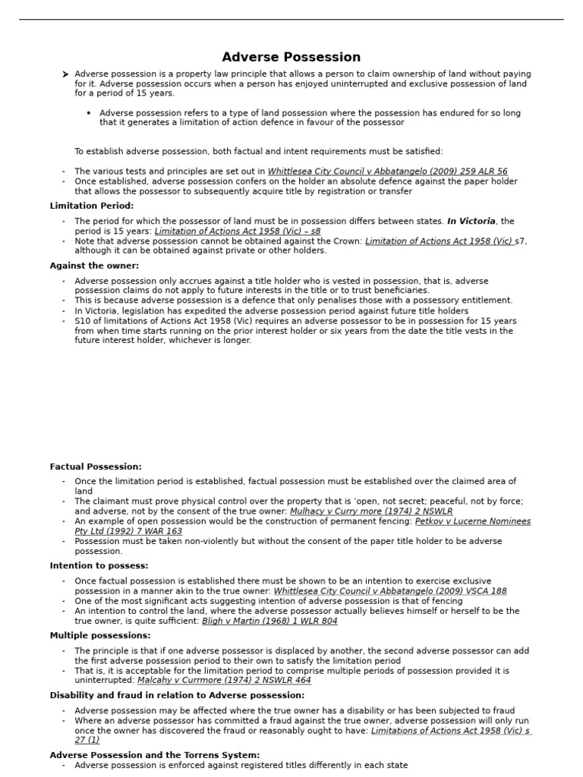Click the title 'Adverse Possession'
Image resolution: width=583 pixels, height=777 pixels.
click(291, 58)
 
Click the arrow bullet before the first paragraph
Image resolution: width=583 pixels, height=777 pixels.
click(66, 74)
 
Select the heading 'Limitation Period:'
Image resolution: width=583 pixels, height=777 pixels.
click(91, 206)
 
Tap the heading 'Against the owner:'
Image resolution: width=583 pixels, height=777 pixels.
click(94, 266)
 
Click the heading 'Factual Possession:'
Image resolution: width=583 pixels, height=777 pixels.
click(96, 467)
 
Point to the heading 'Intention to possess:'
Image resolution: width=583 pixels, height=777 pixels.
click(99, 566)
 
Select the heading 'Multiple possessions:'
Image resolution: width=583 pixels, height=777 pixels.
click(100, 635)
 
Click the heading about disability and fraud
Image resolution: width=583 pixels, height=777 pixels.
click(177, 695)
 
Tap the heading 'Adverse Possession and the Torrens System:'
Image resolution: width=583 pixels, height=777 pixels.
click(154, 755)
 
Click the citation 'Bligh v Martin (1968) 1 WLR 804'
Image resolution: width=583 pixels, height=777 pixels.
click(269, 621)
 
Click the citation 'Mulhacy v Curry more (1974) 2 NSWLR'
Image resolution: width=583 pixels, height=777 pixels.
click(370, 511)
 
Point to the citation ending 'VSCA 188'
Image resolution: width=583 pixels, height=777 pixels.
click(389, 591)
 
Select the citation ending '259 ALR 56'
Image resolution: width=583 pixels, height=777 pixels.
click(387, 171)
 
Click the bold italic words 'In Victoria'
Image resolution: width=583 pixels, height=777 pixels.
click(471, 222)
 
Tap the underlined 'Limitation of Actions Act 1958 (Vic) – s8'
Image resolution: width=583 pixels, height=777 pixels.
click(237, 231)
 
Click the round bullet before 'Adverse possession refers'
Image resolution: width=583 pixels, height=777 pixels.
click(89, 113)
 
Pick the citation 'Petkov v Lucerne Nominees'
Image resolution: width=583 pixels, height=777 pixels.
click(473, 521)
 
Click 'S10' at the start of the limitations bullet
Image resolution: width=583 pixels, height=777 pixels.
click(81, 321)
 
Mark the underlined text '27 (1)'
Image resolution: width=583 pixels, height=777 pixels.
click(87, 740)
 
